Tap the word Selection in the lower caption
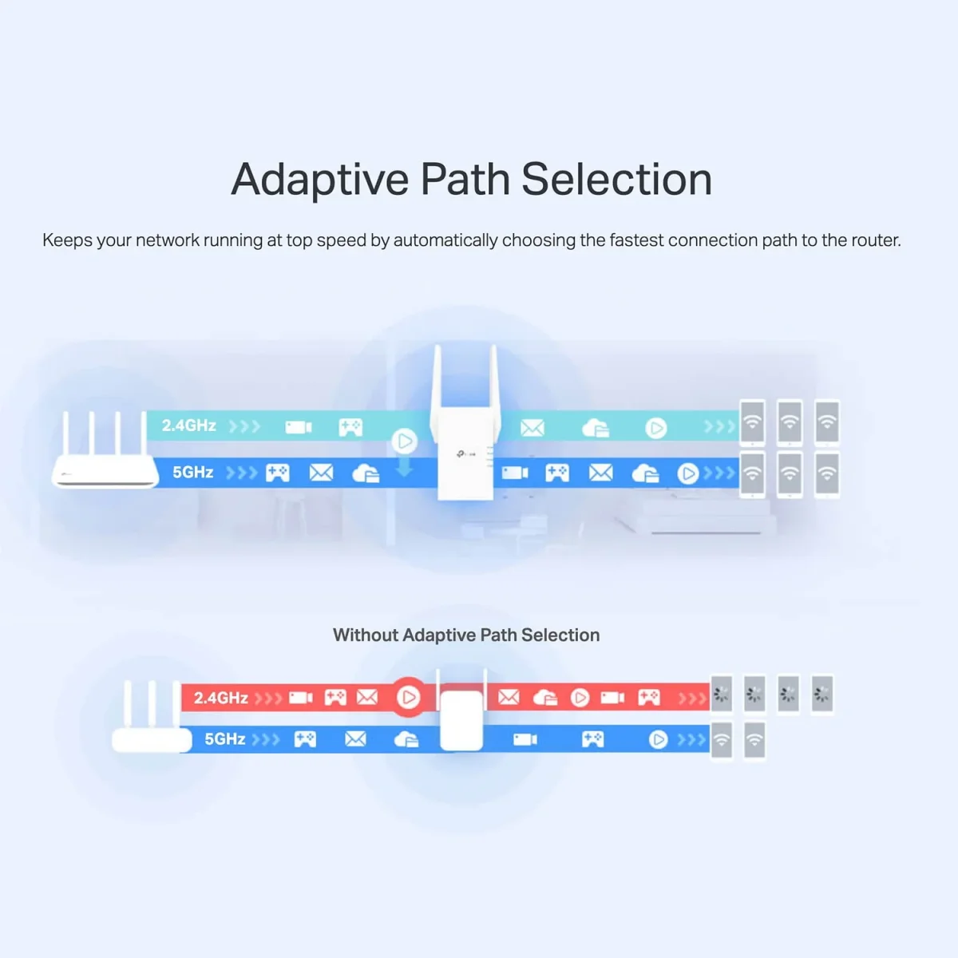coord(560,635)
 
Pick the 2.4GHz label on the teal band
coord(189,426)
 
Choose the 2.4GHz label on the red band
coord(221,698)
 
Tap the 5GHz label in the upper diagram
coord(193,473)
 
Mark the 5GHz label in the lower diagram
coord(225,739)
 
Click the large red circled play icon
coord(408,698)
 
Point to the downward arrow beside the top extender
coord(405,467)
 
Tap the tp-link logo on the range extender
coord(465,454)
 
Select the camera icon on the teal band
coord(299,427)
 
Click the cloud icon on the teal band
coord(596,429)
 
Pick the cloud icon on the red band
coord(545,698)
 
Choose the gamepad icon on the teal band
coord(350,427)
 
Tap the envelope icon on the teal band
coord(532,429)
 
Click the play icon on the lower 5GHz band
coord(658,740)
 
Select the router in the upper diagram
coord(105,459)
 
